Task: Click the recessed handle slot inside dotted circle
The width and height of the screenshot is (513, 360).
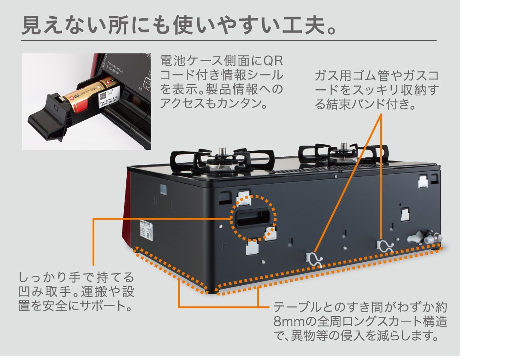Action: (x=254, y=218)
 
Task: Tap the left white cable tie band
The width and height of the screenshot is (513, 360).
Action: (x=315, y=258)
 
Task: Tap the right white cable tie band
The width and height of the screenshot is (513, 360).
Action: (x=384, y=246)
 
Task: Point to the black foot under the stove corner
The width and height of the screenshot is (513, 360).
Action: (x=210, y=292)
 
